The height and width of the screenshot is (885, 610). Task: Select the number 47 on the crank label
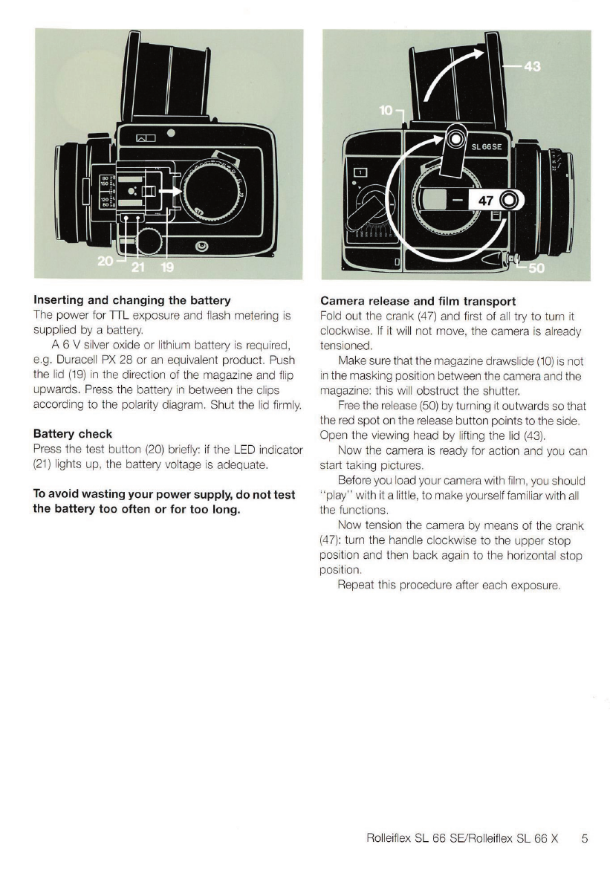click(x=487, y=200)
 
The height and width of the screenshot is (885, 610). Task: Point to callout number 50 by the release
click(x=536, y=268)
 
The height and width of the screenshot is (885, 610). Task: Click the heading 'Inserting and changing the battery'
click(x=132, y=301)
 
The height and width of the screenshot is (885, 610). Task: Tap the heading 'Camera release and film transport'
click(x=418, y=301)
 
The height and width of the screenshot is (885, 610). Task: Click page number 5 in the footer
click(x=585, y=839)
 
